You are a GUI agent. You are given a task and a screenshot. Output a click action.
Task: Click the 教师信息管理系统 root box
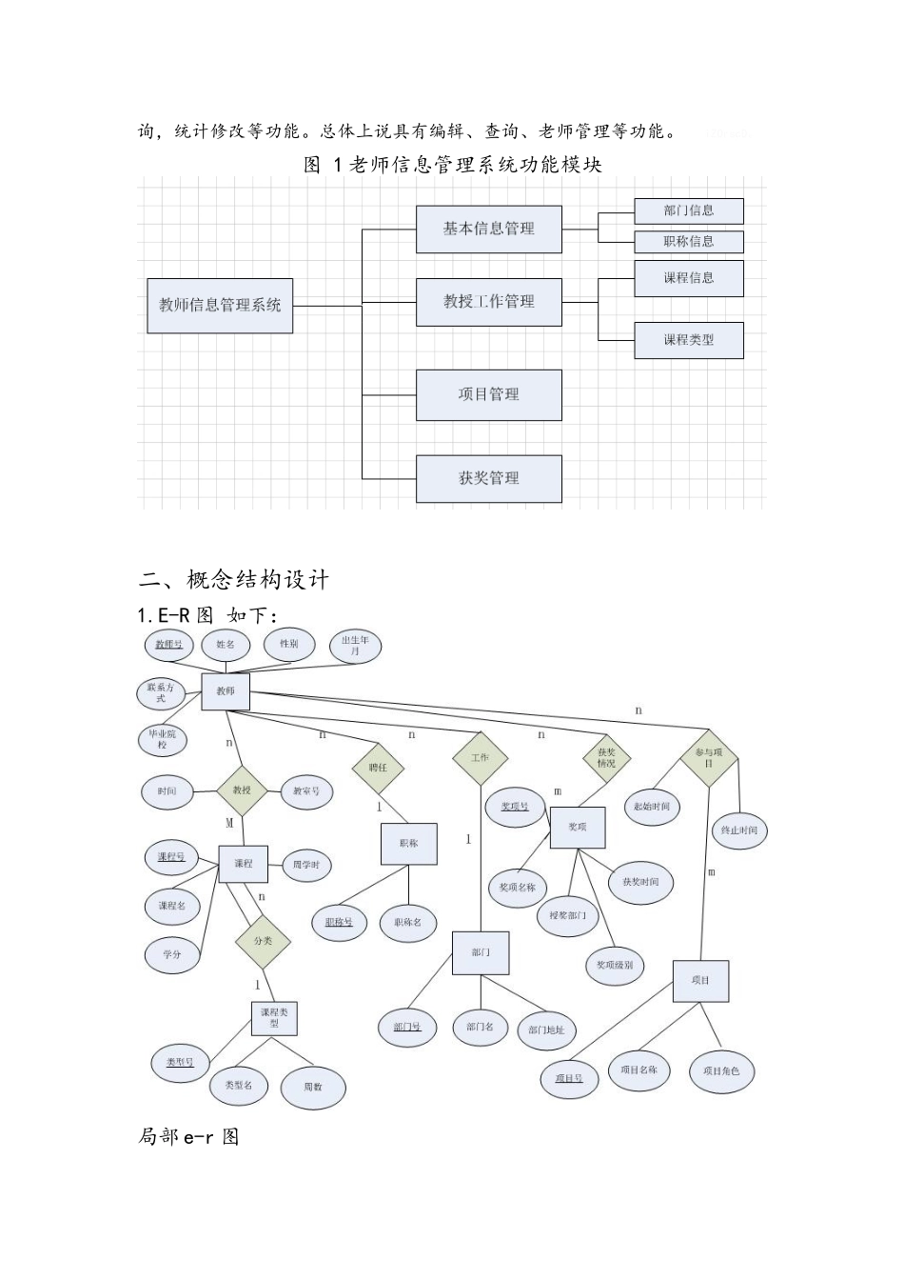pyautogui.click(x=220, y=306)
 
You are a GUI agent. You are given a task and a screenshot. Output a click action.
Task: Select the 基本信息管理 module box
pyautogui.click(x=488, y=230)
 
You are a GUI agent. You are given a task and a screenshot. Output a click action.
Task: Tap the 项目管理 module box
pyautogui.click(x=488, y=395)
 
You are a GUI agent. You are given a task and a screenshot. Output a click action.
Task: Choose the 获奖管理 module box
pyautogui.click(x=488, y=479)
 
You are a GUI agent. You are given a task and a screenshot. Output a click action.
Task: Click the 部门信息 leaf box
pyautogui.click(x=689, y=211)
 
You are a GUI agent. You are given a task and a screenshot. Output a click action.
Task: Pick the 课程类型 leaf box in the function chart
pyautogui.click(x=689, y=340)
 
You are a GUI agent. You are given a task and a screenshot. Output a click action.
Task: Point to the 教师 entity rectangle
pyautogui.click(x=226, y=691)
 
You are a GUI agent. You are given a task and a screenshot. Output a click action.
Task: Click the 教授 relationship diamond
pyautogui.click(x=242, y=790)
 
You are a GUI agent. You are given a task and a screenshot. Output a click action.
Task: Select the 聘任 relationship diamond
pyautogui.click(x=378, y=767)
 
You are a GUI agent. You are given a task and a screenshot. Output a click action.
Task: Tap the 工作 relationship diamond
pyautogui.click(x=480, y=758)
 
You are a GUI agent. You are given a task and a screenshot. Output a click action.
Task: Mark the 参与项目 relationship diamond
pyautogui.click(x=709, y=758)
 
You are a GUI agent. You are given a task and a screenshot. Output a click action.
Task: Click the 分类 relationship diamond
pyautogui.click(x=263, y=941)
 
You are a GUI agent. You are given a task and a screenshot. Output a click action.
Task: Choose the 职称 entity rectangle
pyautogui.click(x=409, y=844)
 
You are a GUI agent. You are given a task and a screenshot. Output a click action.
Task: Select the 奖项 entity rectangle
pyautogui.click(x=578, y=827)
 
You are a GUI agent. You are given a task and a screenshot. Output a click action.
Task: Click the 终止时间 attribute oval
pyautogui.click(x=739, y=830)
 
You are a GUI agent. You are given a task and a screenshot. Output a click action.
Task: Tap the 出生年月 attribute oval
pyautogui.click(x=355, y=646)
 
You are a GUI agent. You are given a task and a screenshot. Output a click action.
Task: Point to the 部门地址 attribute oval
pyautogui.click(x=546, y=1030)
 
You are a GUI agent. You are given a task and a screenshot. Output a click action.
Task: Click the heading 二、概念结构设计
pyautogui.click(x=234, y=579)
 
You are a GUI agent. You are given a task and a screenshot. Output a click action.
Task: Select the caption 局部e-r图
pyautogui.click(x=188, y=1136)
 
